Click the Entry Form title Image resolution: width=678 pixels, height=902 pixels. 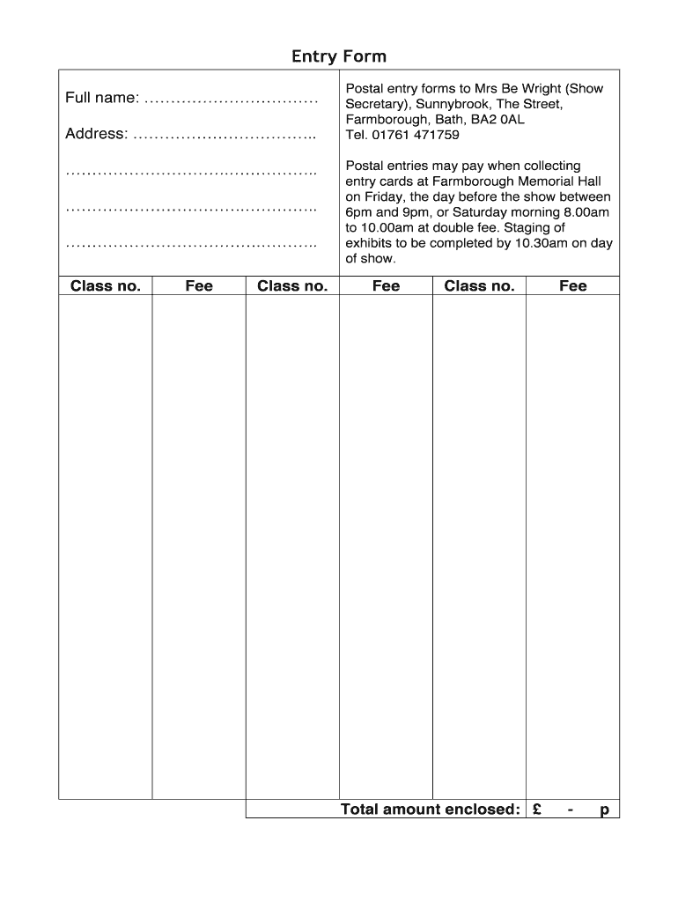pos(339,57)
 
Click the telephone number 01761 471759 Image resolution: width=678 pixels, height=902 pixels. pos(413,136)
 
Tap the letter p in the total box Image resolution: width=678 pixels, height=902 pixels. pos(604,810)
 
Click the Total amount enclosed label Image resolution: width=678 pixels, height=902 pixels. pos(430,810)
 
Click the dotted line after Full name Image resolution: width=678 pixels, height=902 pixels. pos(230,100)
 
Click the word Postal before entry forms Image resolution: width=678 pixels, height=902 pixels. pos(364,89)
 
